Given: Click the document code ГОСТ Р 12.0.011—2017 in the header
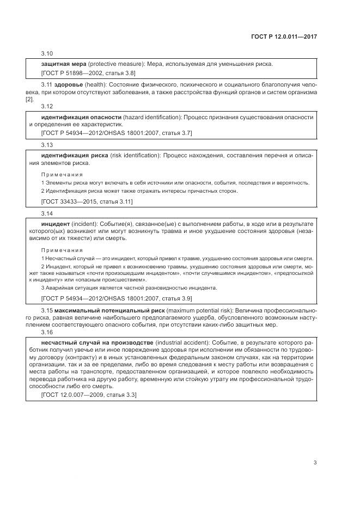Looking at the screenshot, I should pyautogui.click(x=284, y=37).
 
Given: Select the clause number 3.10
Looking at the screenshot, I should pyautogui.click(x=47, y=54).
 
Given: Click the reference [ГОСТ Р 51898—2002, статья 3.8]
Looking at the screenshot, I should pyautogui.click(x=88, y=73).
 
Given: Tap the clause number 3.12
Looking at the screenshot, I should pyautogui.click(x=47, y=107).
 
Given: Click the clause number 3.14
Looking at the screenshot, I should pyautogui.click(x=47, y=214).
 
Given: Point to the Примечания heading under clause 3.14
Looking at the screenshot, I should pyautogui.click(x=62, y=249).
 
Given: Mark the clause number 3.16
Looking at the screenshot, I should pyautogui.click(x=47, y=332).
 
